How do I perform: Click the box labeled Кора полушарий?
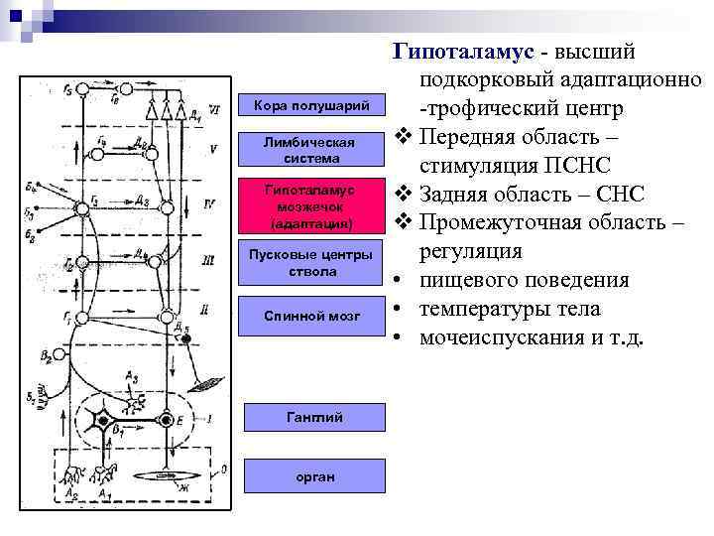tap(312, 104)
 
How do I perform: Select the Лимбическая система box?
tap(312, 150)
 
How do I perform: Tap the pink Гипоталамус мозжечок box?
tap(312, 205)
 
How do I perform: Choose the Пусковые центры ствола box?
tap(312, 263)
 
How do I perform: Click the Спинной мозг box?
tap(312, 316)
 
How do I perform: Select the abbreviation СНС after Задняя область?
tap(618, 193)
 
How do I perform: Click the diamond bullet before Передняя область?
tap(402, 136)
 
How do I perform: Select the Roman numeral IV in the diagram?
tap(209, 203)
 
